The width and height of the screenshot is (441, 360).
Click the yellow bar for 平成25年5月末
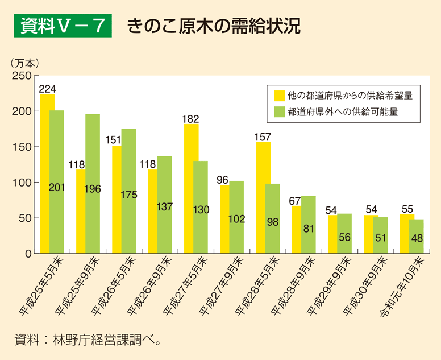[47, 173]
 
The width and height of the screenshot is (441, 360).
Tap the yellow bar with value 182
[191, 188]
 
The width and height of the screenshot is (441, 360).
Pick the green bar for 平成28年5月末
[272, 218]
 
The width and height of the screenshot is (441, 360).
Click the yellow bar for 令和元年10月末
[407, 234]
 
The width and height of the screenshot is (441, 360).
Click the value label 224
[48, 88]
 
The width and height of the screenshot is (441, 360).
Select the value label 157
[263, 136]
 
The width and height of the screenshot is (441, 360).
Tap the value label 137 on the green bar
[165, 206]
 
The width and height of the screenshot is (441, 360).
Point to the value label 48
[417, 239]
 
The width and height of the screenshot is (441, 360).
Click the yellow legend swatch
[279, 95]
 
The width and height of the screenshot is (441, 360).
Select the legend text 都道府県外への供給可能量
[342, 112]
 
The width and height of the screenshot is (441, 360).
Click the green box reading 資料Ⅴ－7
[63, 26]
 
